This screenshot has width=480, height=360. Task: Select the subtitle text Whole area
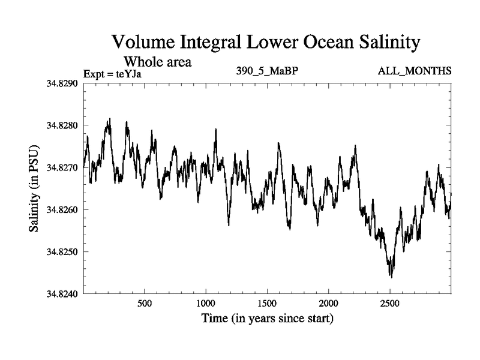157,61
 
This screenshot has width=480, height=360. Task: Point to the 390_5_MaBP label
268,71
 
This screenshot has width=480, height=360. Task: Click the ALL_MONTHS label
415,71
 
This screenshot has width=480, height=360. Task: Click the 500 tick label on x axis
145,303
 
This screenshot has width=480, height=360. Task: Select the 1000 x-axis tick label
206,303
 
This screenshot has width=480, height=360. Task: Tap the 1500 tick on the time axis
268,303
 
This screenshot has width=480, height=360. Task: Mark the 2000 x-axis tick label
329,303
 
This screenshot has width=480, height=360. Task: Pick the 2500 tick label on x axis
390,303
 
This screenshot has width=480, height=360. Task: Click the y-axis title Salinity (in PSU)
34,189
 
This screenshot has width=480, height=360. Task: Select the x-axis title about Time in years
267,318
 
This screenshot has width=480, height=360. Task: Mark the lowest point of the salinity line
391,277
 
